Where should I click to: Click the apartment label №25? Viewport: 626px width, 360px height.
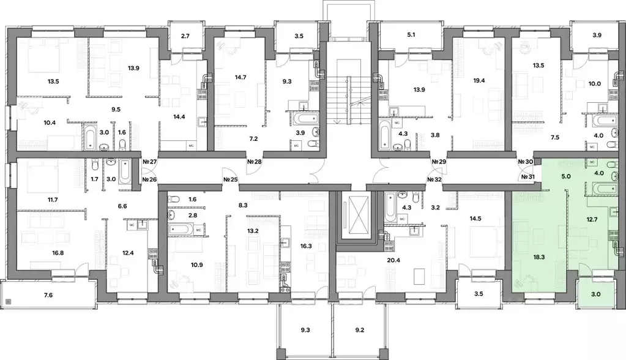pyautogui.click(x=231, y=179)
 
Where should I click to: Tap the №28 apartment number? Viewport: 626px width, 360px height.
pyautogui.click(x=254, y=162)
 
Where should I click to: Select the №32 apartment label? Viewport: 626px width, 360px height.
pyautogui.click(x=435, y=179)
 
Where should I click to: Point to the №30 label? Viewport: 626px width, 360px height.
pyautogui.click(x=525, y=162)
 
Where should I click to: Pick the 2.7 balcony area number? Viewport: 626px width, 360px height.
pyautogui.click(x=185, y=37)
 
